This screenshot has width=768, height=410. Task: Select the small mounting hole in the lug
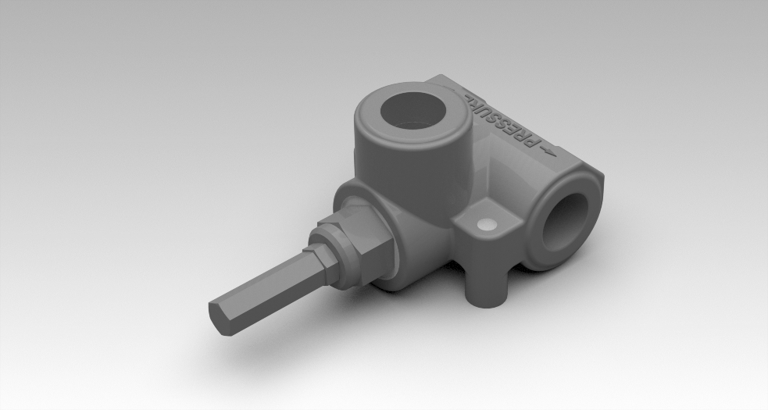488,225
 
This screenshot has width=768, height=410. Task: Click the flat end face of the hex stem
219,319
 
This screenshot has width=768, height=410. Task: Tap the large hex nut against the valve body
363,248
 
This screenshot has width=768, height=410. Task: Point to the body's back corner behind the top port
441,79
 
